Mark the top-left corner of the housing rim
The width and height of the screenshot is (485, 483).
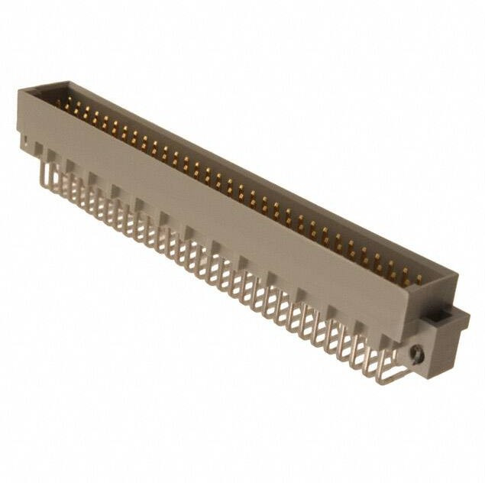click(x=20, y=90)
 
